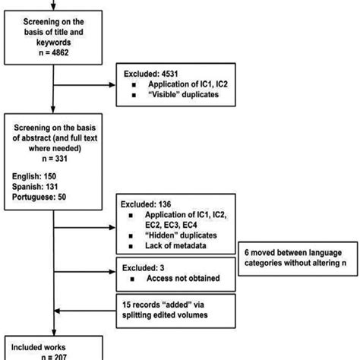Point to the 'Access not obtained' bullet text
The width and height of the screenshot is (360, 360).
pos(175,278)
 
